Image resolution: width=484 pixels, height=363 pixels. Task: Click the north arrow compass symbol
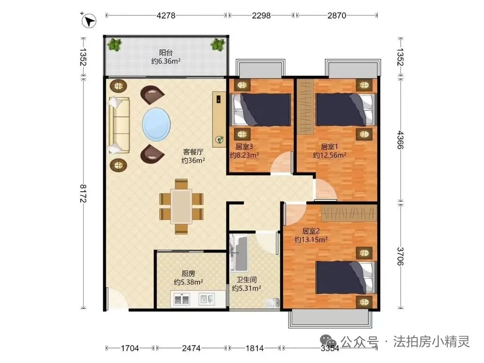tap(88, 21)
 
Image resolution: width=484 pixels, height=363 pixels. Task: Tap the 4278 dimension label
tap(166, 16)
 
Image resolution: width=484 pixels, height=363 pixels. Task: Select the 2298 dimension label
tap(261, 16)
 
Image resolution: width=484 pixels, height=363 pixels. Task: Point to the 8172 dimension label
tap(83, 193)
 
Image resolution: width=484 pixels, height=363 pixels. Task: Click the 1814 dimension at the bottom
tap(255, 348)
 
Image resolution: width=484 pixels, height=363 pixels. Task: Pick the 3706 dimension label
tap(400, 256)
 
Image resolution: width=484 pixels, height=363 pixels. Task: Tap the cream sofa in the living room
tap(119, 125)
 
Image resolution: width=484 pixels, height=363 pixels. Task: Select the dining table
tap(181, 206)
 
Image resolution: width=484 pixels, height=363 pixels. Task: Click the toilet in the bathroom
tap(273, 302)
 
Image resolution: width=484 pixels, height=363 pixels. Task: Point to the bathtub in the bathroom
tap(239, 253)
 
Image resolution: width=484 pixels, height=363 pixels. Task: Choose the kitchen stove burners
tap(182, 299)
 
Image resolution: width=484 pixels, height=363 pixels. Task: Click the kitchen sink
tap(206, 299)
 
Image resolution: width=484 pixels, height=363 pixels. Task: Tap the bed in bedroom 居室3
tap(260, 110)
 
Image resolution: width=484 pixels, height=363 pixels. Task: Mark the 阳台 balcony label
tap(166, 53)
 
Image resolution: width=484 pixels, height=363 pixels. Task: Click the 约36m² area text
tap(193, 160)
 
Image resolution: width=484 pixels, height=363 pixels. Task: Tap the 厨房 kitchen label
tap(188, 274)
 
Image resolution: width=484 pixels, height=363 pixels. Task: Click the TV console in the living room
tap(219, 119)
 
